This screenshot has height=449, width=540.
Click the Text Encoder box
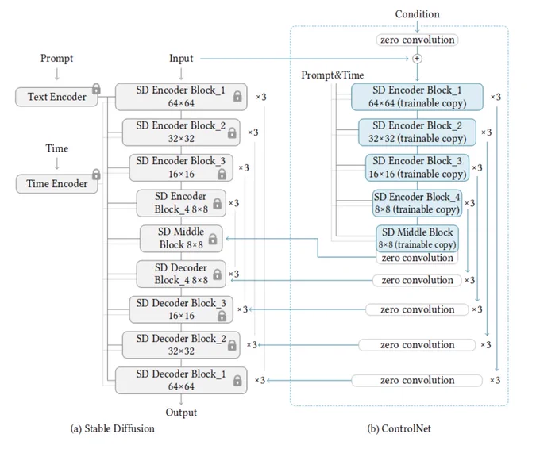click(56, 97)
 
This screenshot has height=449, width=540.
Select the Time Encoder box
click(57, 184)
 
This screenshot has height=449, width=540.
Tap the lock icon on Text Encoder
click(96, 89)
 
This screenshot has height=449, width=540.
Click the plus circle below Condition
click(417, 59)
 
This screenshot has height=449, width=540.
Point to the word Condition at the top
click(417, 14)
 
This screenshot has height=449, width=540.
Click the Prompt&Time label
click(332, 75)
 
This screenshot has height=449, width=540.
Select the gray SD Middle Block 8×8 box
click(181, 239)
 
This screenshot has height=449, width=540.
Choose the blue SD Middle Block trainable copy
click(417, 238)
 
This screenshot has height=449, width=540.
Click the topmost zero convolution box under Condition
click(417, 40)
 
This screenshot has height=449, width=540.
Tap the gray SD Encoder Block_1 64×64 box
click(181, 97)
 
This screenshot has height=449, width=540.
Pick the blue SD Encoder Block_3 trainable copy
click(417, 167)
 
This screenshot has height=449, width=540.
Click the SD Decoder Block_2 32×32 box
click(181, 345)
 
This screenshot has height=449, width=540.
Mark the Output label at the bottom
click(181, 413)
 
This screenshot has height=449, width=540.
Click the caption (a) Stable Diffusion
click(112, 428)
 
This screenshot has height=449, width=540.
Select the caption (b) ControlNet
click(399, 428)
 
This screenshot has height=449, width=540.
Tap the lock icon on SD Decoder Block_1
click(237, 381)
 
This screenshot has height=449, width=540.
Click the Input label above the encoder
click(181, 59)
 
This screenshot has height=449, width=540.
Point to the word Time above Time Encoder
click(57, 148)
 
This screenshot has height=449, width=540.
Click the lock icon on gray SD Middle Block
click(213, 239)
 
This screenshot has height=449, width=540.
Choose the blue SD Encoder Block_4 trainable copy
click(417, 203)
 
